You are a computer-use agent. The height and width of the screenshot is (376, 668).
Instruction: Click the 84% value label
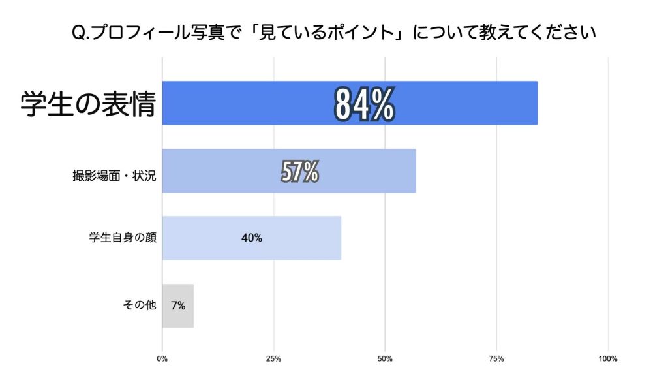pos(364,103)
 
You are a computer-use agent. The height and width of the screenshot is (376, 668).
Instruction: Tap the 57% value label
pos(299,172)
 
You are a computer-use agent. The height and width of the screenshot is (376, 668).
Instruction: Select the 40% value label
pos(251,238)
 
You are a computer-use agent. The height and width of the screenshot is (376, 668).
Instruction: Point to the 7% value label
pos(177,305)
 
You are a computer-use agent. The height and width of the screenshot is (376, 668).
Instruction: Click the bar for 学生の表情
pos(457,103)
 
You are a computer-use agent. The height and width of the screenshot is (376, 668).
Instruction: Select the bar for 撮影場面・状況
pos(365,172)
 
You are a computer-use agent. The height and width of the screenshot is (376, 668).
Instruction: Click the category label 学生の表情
pos(88,103)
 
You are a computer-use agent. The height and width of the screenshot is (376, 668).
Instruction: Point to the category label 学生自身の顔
pos(123,238)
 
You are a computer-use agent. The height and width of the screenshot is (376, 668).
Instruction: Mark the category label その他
pos(139,305)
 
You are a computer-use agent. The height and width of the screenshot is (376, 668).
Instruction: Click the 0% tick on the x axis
pos(162,358)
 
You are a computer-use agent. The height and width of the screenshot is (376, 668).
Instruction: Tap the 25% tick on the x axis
pos(274,358)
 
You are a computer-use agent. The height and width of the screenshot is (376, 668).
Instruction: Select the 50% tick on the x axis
pos(385,358)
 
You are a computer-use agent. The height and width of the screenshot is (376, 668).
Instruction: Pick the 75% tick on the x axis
pos(496,358)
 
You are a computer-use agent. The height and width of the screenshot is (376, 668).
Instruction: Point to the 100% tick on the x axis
pos(608,358)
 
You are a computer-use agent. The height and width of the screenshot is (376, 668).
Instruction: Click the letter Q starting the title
pos(78,32)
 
